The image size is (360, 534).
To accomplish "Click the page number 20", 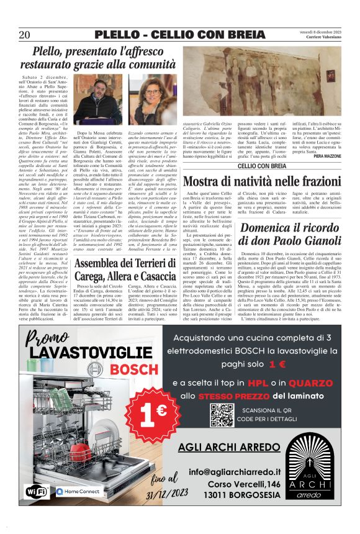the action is click(x=25, y=34).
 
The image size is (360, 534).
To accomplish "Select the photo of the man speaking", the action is click(x=88, y=104).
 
